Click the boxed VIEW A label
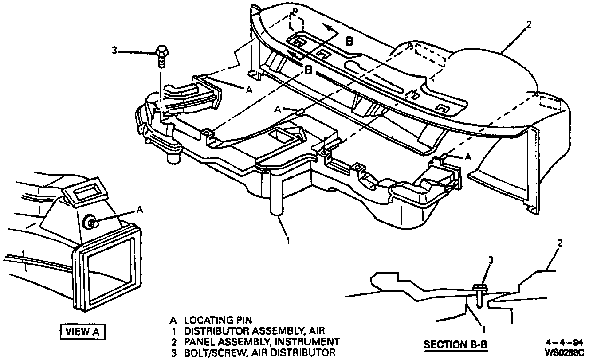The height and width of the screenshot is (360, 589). pyautogui.click(x=83, y=331)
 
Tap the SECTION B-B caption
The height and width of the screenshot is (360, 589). pyautogui.click(x=455, y=344)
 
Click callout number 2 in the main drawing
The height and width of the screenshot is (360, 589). pyautogui.click(x=528, y=25)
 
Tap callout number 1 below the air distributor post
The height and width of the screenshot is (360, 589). pyautogui.click(x=288, y=240)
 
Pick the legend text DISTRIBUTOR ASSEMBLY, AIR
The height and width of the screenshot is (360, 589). pyautogui.click(x=255, y=331)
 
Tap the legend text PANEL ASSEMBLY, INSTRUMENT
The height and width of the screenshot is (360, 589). pyautogui.click(x=262, y=342)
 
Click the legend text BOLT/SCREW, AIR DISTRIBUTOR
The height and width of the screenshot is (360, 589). pyautogui.click(x=259, y=353)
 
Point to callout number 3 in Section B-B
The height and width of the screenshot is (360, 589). pyautogui.click(x=491, y=261)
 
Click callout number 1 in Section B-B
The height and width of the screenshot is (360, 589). pyautogui.click(x=484, y=329)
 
